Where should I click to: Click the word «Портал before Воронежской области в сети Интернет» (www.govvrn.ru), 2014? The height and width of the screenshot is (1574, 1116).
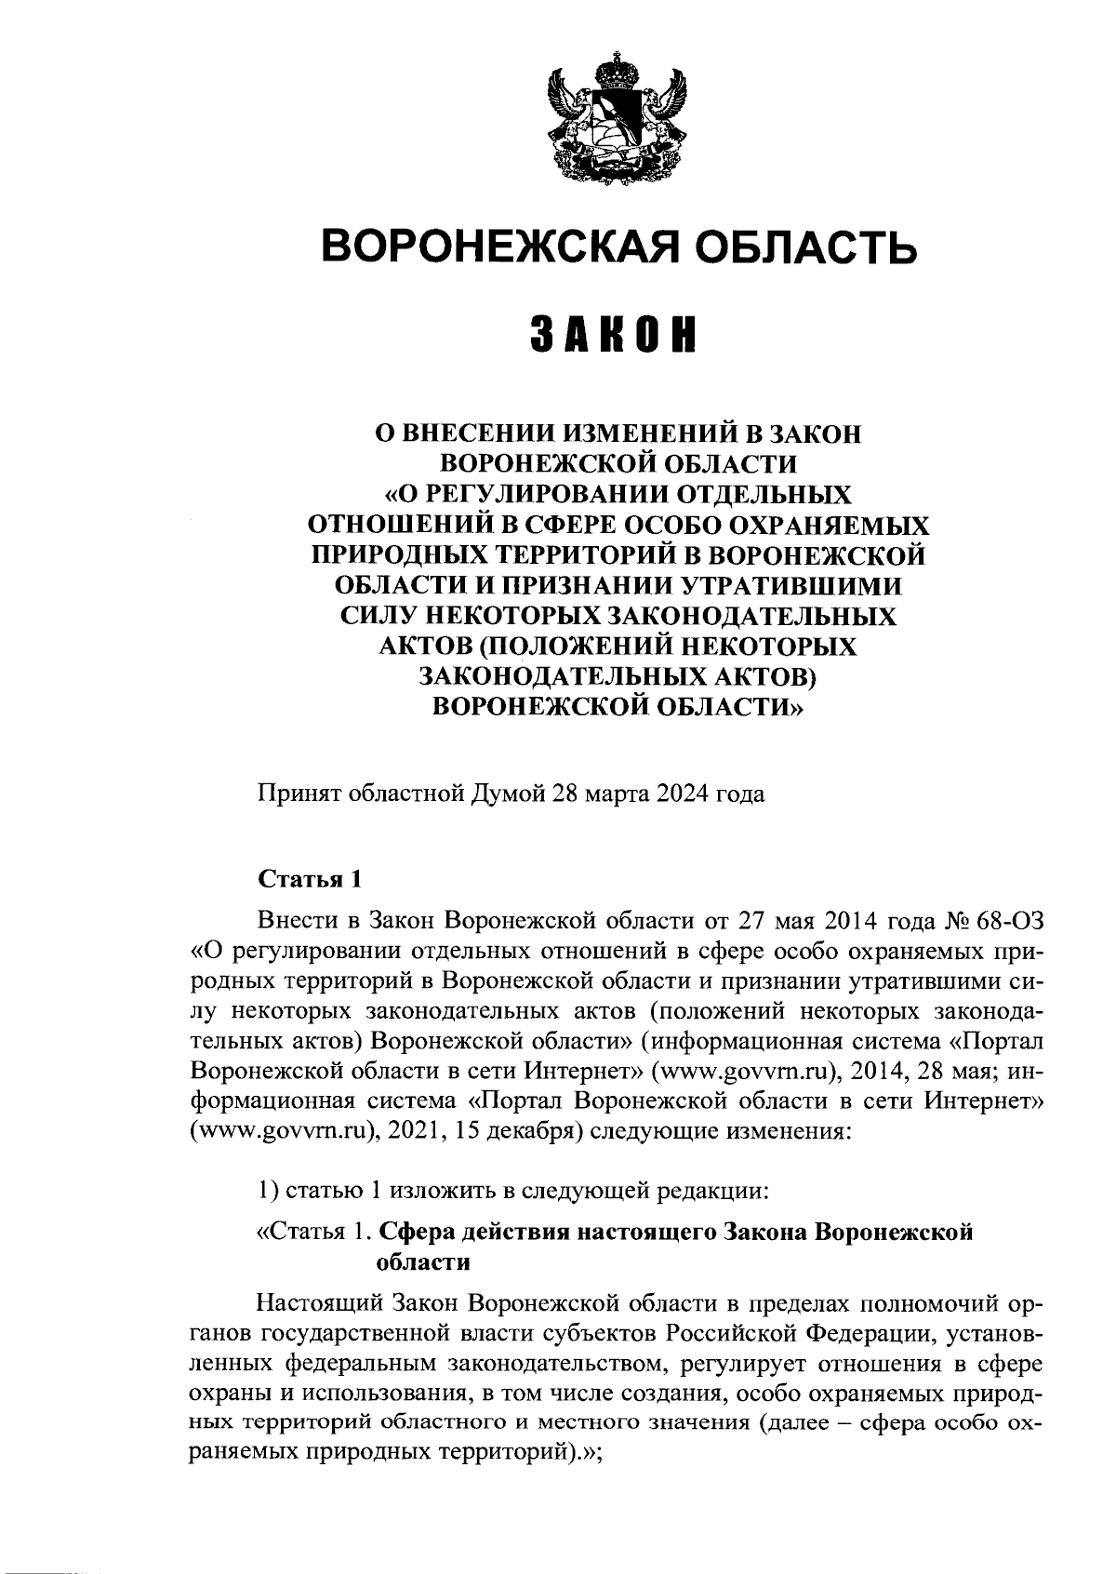tap(997, 1041)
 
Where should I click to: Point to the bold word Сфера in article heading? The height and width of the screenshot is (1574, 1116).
tap(416, 1233)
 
